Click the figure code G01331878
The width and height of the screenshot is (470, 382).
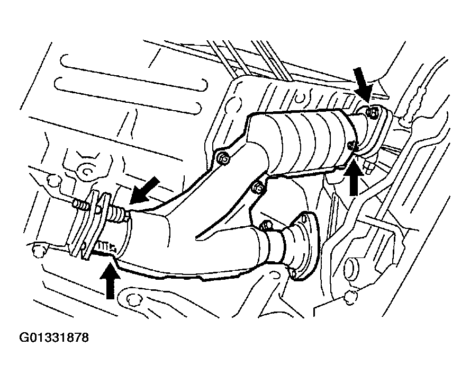pos(54,337)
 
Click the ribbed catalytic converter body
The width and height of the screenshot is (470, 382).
pos(303,141)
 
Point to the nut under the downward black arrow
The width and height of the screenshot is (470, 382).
pos(372,112)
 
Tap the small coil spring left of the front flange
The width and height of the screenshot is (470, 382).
pos(81,205)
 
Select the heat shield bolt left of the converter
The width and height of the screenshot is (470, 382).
pos(222,157)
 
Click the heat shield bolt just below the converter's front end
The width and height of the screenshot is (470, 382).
pos(258,188)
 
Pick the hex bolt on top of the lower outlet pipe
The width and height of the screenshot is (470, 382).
pos(266,225)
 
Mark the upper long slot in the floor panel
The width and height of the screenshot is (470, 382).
pos(133,72)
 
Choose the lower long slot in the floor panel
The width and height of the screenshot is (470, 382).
pos(128,95)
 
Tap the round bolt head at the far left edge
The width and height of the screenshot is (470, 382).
pos(38,250)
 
